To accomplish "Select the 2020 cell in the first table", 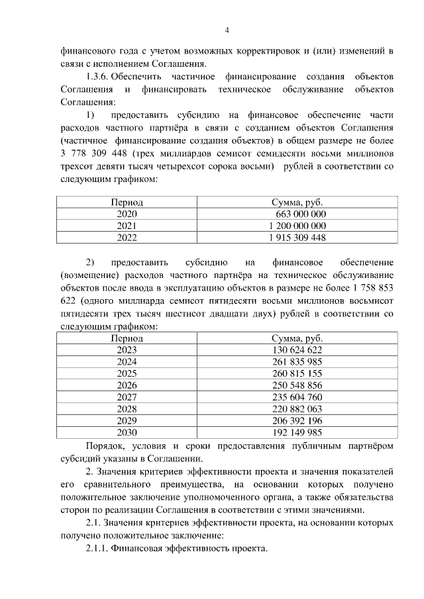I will tap(127, 214).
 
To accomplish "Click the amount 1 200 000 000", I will tap(297, 225).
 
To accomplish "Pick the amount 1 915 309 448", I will tap(297, 237).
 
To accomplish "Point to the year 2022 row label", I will tap(127, 237).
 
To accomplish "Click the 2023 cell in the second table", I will tap(127, 349).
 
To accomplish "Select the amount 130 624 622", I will tap(297, 349).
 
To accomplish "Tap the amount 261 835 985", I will tap(297, 361).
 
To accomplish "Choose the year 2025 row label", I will tap(127, 373).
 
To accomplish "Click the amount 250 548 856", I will tap(297, 385).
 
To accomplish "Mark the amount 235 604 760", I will tap(297, 397).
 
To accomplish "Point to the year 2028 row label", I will tap(127, 409).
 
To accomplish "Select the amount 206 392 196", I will tap(297, 421).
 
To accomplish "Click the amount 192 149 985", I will tap(297, 433).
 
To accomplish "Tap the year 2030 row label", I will tap(127, 433).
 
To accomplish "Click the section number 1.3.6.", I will tap(97, 77).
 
